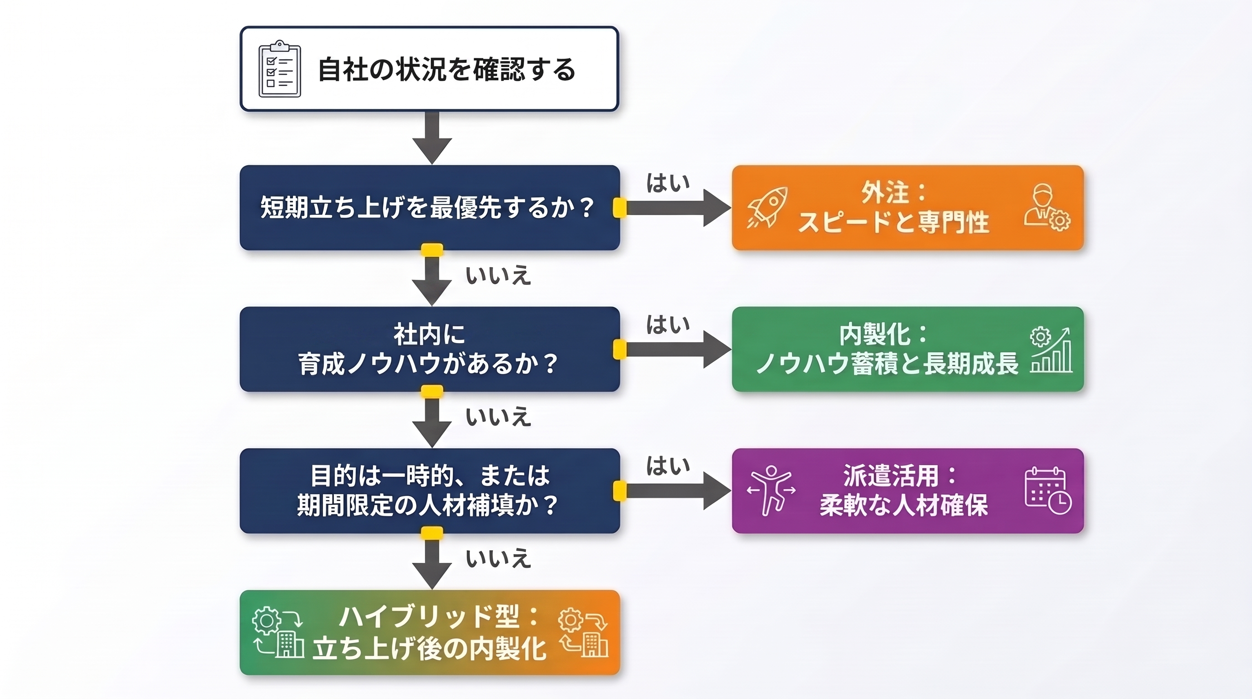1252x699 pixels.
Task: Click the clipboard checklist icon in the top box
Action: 279,69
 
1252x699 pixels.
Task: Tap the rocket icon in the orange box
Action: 767,208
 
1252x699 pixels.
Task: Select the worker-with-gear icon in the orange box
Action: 1046,208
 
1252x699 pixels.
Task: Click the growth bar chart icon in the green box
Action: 1050,350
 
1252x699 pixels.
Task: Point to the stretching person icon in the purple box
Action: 771,490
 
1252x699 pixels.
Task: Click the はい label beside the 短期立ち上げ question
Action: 668,183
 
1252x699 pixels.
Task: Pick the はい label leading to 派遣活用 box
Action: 668,466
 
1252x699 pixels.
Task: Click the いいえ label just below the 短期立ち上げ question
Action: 498,276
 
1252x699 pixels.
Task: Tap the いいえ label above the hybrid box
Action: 498,558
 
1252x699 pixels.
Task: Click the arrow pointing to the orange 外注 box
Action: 678,208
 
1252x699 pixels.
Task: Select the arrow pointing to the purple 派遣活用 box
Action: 678,491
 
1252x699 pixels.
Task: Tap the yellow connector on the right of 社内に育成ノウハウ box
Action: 620,349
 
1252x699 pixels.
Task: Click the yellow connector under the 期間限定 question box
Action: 432,533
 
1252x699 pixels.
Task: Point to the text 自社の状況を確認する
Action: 447,70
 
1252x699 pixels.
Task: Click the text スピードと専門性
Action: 894,222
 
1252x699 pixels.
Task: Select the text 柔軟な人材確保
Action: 904,506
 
